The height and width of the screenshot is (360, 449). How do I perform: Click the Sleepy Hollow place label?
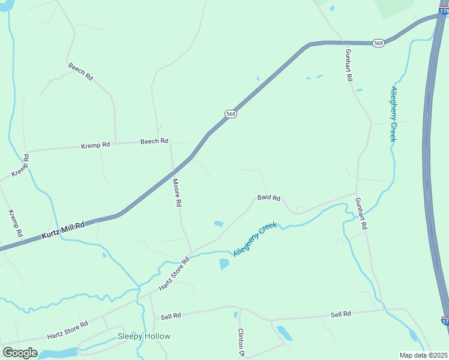point(143,337)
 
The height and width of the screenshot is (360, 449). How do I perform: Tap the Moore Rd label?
point(176,193)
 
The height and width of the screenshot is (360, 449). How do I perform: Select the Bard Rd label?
point(268,197)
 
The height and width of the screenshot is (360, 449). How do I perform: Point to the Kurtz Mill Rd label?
point(63,230)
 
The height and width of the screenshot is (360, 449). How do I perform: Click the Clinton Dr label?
point(241,343)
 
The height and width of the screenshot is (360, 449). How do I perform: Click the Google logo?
point(19,353)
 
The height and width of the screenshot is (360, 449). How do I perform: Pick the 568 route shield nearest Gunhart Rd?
point(378,43)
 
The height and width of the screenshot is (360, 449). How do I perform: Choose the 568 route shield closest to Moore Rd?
point(231,113)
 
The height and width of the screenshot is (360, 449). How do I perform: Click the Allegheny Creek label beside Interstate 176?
point(394,114)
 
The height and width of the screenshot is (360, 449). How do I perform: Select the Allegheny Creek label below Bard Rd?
point(255,239)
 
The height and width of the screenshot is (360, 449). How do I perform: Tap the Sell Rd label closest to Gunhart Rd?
point(340,314)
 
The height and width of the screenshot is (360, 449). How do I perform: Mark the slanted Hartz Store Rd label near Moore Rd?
point(174,274)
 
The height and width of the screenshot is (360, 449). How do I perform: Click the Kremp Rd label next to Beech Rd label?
point(96,145)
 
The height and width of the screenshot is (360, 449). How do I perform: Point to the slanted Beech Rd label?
point(80,72)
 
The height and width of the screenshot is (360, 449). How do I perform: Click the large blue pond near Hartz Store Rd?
point(224,264)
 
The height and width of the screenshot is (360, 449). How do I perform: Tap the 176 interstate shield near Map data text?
point(444,322)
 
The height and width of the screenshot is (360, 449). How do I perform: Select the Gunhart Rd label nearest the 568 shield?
point(348,67)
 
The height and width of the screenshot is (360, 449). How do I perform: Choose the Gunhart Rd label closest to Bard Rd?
point(360,214)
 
